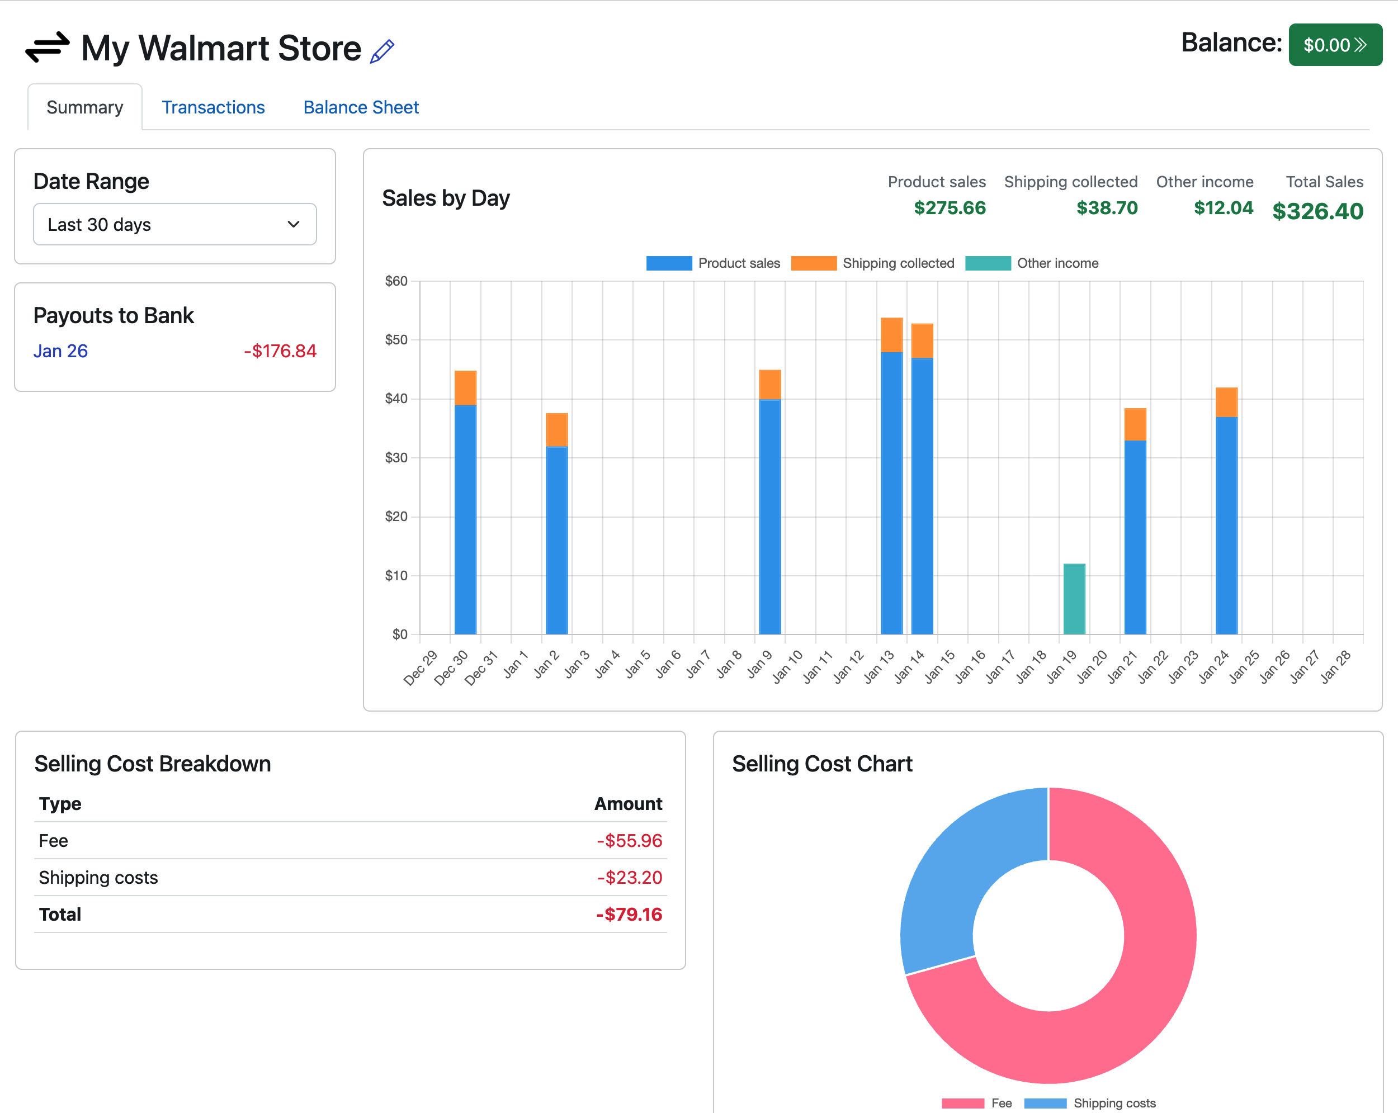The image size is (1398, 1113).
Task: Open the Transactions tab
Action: tap(212, 107)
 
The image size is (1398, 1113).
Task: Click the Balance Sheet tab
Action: tap(361, 107)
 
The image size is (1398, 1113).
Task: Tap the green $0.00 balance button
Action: tap(1334, 45)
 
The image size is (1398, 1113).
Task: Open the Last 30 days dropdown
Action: tap(174, 224)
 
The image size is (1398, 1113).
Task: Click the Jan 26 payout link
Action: tap(60, 351)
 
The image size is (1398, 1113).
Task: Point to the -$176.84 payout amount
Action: tap(280, 351)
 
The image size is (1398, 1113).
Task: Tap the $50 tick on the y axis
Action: tap(395, 340)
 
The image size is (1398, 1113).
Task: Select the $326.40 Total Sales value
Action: tap(1317, 211)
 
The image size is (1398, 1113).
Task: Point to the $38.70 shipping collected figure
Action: tap(1106, 208)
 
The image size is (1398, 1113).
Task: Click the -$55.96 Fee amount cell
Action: tap(629, 841)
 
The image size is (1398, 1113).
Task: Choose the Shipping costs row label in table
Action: tap(98, 877)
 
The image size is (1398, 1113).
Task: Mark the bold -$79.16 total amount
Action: tap(629, 914)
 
